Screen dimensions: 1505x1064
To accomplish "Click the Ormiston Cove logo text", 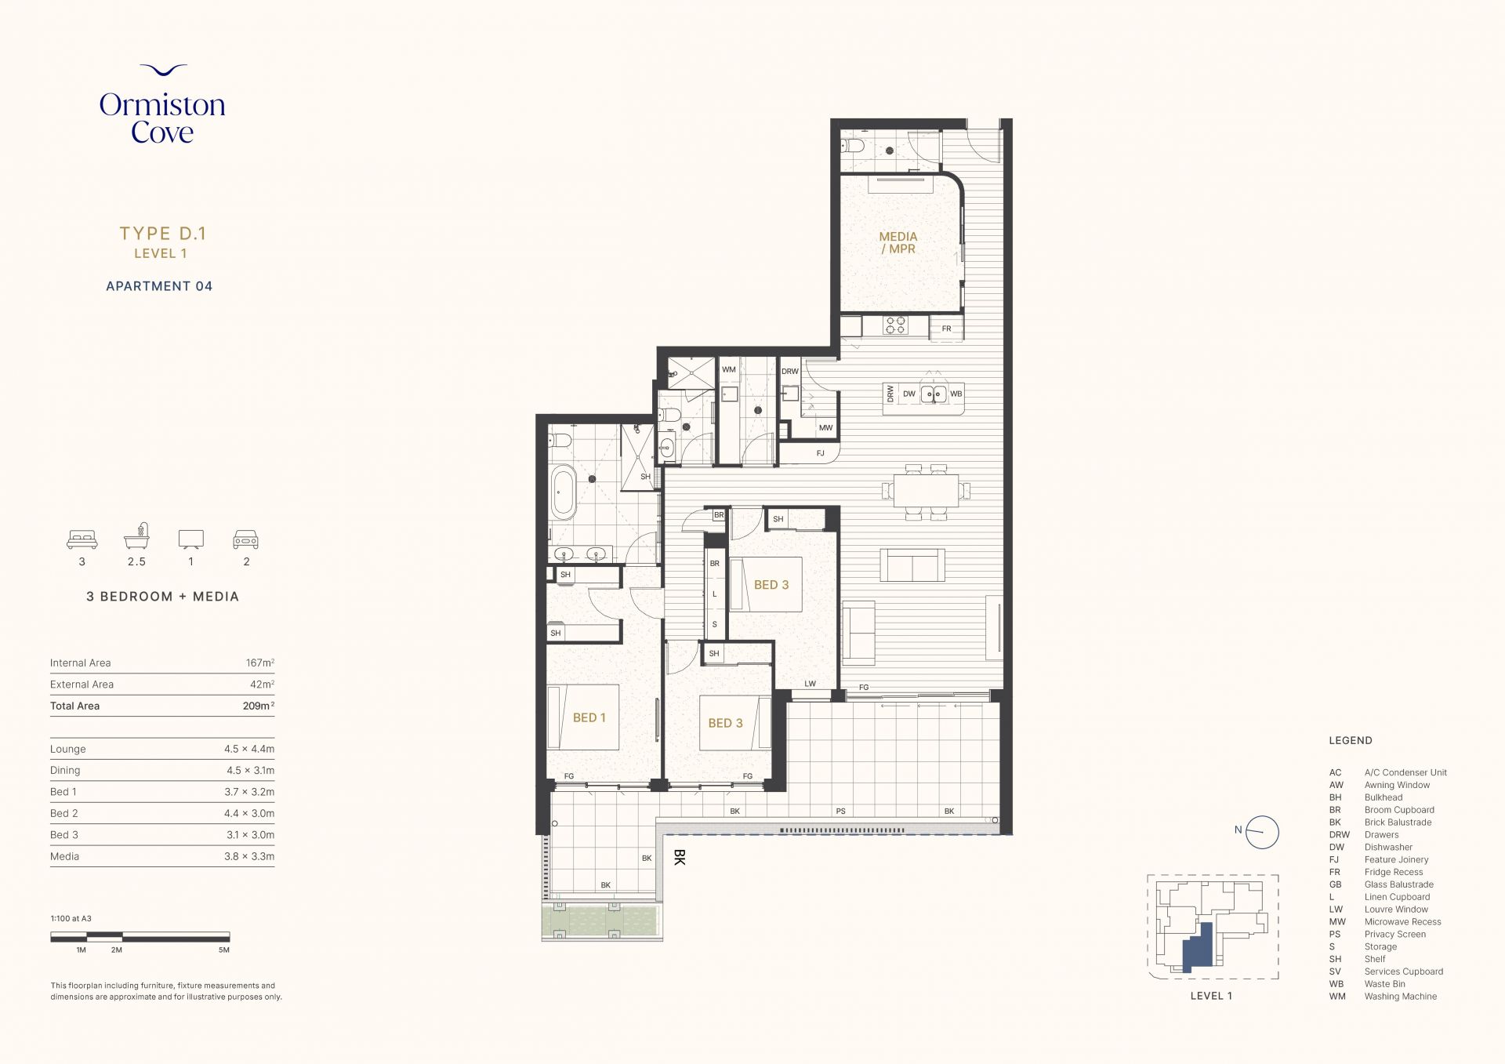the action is point(162,118).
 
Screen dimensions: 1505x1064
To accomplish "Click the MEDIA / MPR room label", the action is point(898,242).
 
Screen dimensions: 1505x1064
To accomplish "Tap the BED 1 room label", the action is point(589,717).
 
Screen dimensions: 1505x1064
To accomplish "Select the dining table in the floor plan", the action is point(926,492).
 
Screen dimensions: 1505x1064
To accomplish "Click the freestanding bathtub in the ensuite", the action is point(563,492).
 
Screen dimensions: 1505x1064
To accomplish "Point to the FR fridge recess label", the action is point(946,329).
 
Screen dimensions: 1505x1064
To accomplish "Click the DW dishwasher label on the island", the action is point(908,394).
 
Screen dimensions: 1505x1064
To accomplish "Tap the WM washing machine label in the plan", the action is point(729,369).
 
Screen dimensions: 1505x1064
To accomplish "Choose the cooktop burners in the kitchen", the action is point(895,325).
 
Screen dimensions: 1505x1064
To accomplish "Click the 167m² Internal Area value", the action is point(260,663).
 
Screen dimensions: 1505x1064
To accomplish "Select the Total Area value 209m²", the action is point(259,706).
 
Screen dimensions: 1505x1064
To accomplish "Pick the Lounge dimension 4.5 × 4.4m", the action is point(249,749).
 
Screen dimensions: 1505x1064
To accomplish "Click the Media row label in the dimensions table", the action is point(64,856).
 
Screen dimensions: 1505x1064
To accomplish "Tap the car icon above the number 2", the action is point(246,539).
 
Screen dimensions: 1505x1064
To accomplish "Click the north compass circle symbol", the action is point(1263,832).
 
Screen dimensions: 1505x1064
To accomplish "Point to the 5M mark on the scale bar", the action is point(224,950).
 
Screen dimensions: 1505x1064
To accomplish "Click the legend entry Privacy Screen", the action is point(1395,934).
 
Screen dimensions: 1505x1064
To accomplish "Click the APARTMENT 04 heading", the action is point(159,286).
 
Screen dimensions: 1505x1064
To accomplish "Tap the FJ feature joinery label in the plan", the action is point(821,453).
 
